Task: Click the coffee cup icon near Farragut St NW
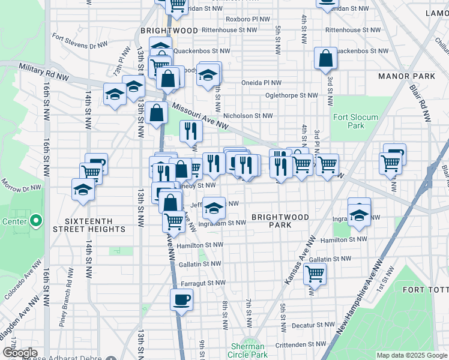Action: coord(181,299)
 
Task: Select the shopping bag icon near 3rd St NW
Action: coord(325,59)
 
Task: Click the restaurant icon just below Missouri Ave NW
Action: coord(191,130)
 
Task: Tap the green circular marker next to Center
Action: coord(35,221)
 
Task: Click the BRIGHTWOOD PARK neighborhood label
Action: coord(280,221)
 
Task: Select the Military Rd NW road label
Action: coord(43,73)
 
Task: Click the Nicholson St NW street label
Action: coord(248,116)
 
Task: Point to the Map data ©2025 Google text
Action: coord(411,355)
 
